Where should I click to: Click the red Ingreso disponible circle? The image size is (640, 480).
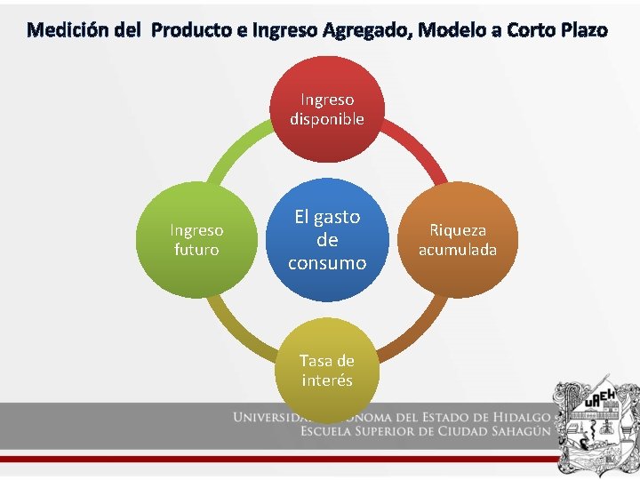pos(327,109)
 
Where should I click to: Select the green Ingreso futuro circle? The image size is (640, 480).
pos(196,240)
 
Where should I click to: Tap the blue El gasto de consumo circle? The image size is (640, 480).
pos(327,240)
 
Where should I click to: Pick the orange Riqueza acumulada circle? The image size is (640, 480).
pos(458,240)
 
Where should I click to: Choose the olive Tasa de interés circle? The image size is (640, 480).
pos(327,370)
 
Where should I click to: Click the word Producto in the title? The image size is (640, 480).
pos(192,31)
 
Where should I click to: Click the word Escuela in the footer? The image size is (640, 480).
pos(332,433)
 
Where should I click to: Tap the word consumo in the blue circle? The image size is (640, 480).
pos(327,263)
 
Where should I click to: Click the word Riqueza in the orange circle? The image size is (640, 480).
pos(458,230)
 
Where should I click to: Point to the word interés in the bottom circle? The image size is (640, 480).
pos(327,380)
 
